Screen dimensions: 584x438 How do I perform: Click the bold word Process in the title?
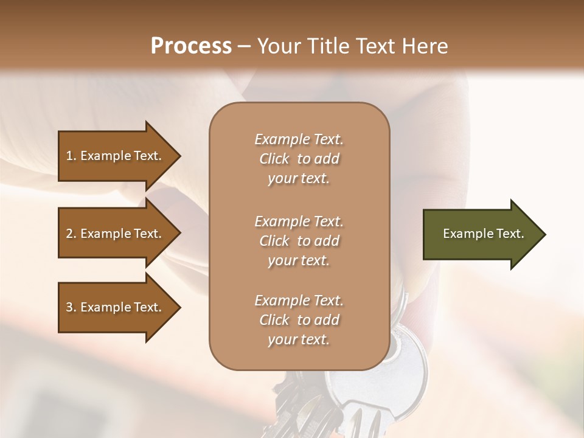pos(191,46)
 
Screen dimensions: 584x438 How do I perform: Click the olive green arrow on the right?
pos(481,234)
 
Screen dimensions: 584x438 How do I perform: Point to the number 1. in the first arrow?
pos(71,156)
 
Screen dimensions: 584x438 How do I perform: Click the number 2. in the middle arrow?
pos(71,234)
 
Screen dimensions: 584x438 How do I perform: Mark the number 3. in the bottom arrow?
pos(71,307)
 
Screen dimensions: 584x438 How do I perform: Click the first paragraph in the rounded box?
pos(299,159)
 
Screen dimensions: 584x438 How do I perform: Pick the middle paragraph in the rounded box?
pos(299,241)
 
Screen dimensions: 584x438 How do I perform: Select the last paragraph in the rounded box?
pos(299,320)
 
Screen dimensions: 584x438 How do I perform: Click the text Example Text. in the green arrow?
pos(484,234)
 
